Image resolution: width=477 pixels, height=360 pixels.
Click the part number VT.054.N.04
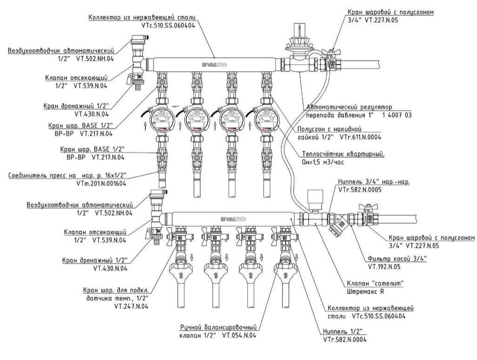[x=239, y=335]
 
